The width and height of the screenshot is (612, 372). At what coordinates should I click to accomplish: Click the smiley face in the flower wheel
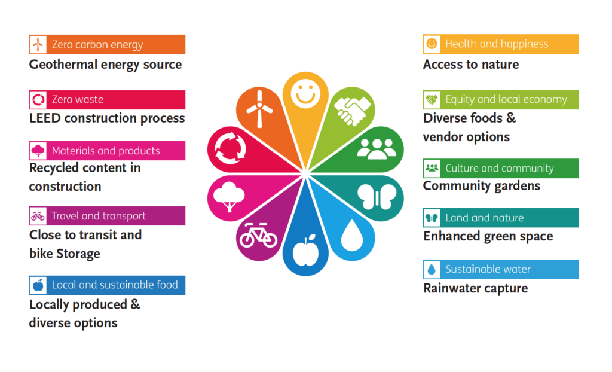pos(305,94)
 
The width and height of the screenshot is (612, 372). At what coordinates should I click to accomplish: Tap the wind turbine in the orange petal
pos(259,109)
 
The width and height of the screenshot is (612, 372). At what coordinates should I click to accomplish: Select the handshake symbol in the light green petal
pos(353,111)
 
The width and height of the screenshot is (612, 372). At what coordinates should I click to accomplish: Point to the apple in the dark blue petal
pos(305,251)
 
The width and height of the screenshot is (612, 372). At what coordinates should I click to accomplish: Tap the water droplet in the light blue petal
pos(352,235)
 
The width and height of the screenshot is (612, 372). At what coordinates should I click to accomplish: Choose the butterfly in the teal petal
pos(377,197)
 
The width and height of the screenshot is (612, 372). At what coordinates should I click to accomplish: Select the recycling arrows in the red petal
pos(230,148)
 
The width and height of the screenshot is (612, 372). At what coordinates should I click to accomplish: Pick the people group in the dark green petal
pos(377,149)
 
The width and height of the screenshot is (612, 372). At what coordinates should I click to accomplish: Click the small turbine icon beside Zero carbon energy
pos(38,44)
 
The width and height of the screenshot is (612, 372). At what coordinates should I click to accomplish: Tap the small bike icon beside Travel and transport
pos(38,216)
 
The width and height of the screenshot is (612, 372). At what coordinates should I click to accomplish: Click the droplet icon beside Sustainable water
pos(432,269)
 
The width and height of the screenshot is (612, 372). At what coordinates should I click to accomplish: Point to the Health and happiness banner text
pos(497,44)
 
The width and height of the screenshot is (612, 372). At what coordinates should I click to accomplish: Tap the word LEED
pos(44,118)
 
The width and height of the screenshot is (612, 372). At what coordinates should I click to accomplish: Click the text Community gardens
pos(482,186)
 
